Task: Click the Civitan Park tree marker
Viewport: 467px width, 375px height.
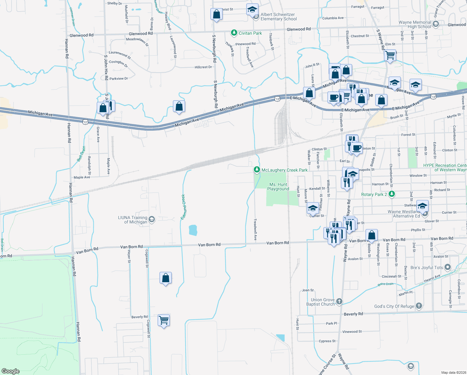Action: point(234,33)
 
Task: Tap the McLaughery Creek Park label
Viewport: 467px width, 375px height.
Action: point(284,170)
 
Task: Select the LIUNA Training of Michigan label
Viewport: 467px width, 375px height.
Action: point(133,220)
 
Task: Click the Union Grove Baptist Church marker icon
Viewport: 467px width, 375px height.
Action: point(339,302)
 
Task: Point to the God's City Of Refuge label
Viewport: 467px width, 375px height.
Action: point(394,306)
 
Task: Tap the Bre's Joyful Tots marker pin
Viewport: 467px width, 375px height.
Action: point(448,267)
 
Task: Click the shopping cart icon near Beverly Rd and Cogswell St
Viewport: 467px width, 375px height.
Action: point(164,320)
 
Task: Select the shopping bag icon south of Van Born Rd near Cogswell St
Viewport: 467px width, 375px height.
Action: point(166,278)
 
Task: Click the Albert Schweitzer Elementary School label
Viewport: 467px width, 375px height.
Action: point(278,17)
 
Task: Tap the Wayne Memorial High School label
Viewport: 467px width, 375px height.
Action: point(415,24)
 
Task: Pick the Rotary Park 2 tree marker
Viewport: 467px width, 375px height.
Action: point(391,194)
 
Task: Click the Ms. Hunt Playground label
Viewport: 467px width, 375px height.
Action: point(278,187)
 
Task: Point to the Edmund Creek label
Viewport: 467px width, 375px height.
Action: point(184,207)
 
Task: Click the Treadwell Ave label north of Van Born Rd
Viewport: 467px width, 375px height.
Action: point(255,229)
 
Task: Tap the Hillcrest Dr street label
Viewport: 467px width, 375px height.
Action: point(203,67)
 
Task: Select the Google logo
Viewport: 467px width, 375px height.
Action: point(11,371)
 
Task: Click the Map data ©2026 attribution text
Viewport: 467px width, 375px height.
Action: point(454,372)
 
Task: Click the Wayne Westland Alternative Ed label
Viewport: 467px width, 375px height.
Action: point(404,214)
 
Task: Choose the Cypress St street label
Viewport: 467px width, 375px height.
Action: point(327,341)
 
